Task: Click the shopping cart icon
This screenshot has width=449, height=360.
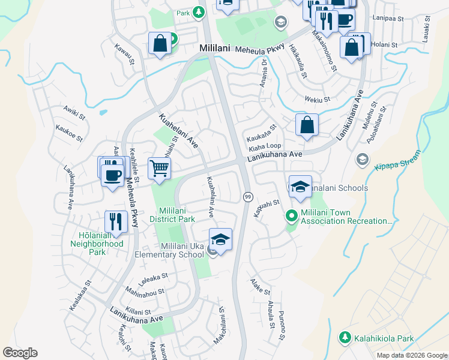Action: pyautogui.click(x=159, y=168)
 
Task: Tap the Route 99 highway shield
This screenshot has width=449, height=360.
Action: pyautogui.click(x=247, y=197)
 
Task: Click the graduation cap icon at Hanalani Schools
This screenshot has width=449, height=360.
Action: pyautogui.click(x=300, y=186)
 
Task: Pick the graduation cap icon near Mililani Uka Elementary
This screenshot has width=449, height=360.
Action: pyautogui.click(x=220, y=240)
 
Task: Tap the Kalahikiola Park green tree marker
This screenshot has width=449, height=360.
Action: pyautogui.click(x=345, y=338)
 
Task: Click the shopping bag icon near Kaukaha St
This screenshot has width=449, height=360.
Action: pyautogui.click(x=307, y=125)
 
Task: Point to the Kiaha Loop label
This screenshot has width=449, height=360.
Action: pyautogui.click(x=265, y=146)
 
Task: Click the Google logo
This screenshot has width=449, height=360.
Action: pyautogui.click(x=20, y=353)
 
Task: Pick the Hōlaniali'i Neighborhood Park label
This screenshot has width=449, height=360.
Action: pyautogui.click(x=97, y=244)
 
